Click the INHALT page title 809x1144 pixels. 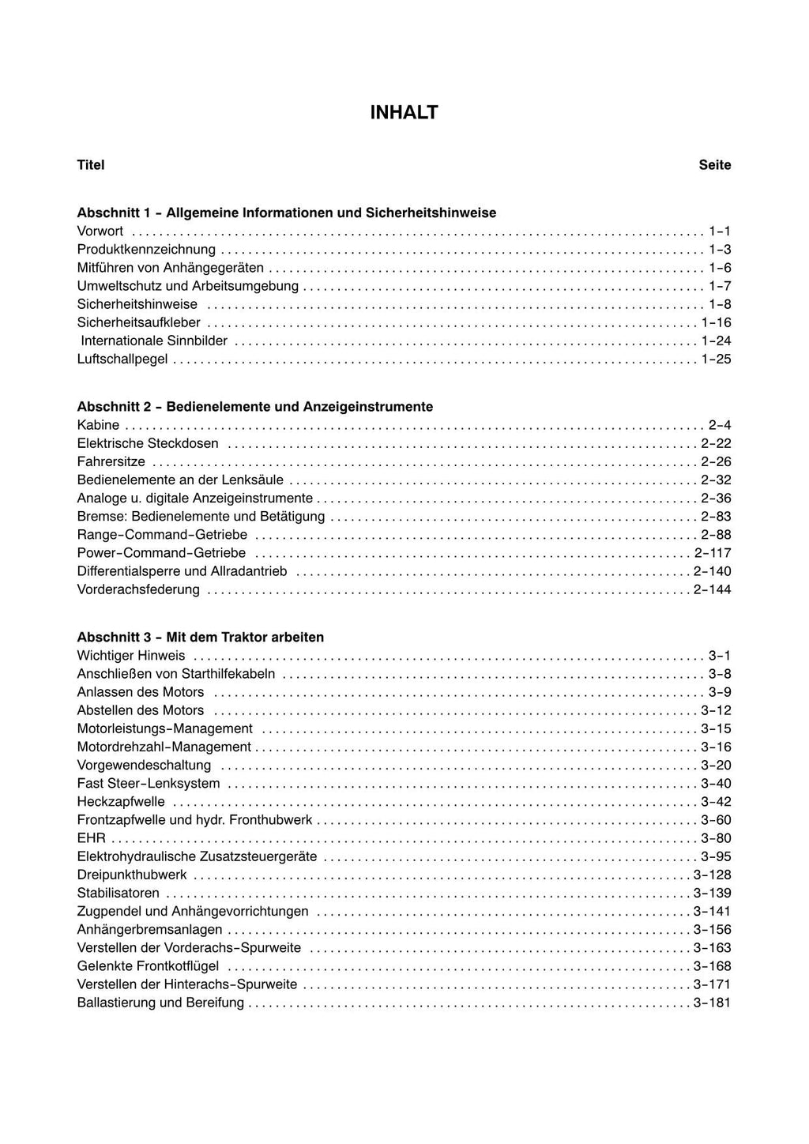click(x=404, y=113)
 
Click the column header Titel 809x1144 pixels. click(x=91, y=165)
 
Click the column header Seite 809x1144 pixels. click(x=714, y=165)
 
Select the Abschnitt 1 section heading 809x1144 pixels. click(x=287, y=213)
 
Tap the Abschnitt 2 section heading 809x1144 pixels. click(x=255, y=407)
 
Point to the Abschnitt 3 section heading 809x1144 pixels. click(x=201, y=637)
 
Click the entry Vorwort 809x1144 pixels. click(x=100, y=231)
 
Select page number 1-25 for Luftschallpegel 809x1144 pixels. click(x=716, y=359)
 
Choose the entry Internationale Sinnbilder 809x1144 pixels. click(x=154, y=341)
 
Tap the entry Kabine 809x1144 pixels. click(x=98, y=425)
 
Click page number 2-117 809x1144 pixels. click(x=713, y=553)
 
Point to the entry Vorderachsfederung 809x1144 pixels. click(x=138, y=589)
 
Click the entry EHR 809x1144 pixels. click(x=91, y=838)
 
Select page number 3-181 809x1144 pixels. click(x=712, y=1003)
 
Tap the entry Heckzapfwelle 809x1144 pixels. click(x=121, y=802)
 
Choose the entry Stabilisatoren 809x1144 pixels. click(x=119, y=894)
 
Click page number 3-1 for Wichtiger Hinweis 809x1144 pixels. click(x=719, y=656)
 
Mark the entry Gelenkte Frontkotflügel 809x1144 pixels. click(x=148, y=966)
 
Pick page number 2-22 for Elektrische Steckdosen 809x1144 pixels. click(x=716, y=444)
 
